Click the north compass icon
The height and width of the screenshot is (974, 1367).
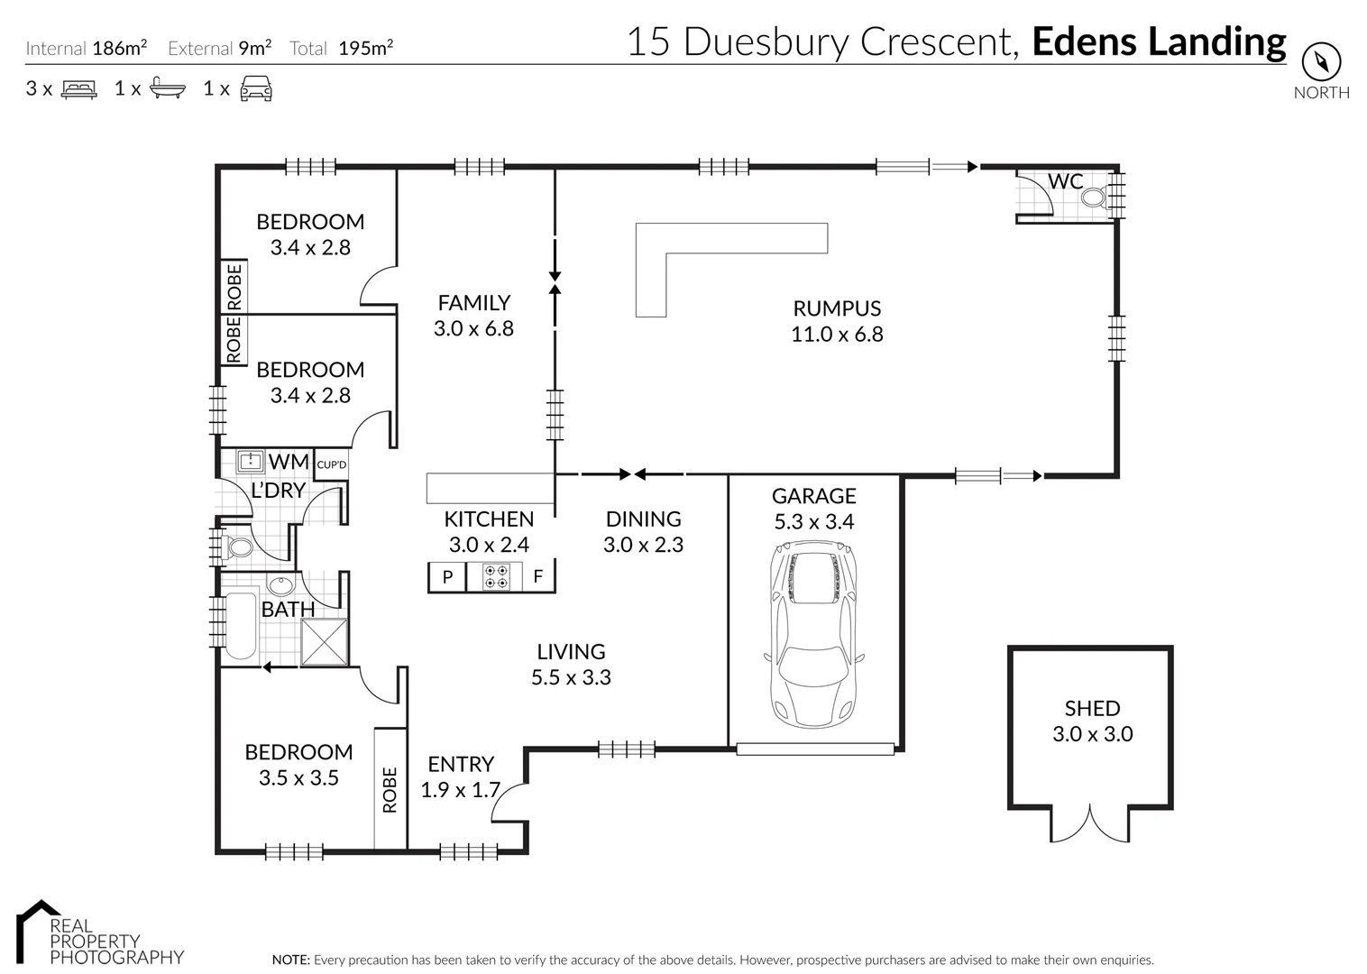[1321, 62]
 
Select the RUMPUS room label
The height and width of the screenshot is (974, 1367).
[836, 308]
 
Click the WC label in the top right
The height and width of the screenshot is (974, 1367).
[1065, 181]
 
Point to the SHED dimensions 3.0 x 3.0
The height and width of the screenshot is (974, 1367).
[1092, 734]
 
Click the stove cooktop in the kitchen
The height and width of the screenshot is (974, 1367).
[496, 576]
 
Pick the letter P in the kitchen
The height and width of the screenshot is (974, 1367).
[447, 577]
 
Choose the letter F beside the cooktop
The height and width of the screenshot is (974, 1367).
[538, 577]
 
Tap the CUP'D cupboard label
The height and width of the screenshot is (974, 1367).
[332, 464]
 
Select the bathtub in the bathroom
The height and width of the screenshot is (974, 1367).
[241, 626]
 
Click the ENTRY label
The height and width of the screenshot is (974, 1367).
[461, 764]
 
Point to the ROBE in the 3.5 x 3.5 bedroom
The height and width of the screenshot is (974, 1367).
[390, 789]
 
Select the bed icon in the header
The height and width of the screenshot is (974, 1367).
[78, 88]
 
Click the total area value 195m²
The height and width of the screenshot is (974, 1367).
[365, 49]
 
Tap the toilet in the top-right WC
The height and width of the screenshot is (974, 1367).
[1093, 198]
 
